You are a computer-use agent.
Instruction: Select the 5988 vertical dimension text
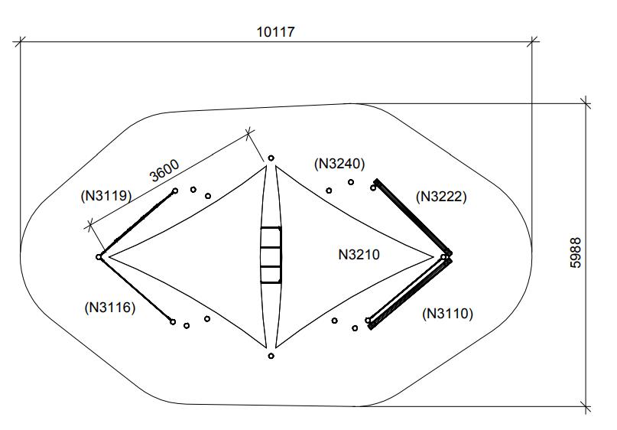pos(576,252)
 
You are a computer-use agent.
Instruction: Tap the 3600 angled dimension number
pos(164,170)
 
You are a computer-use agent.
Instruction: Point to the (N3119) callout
pos(106,196)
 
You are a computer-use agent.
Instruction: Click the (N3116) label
pos(109,308)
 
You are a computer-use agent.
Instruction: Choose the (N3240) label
pos(339,163)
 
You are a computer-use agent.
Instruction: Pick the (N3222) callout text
pos(441,197)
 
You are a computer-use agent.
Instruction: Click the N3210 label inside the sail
pos(359,254)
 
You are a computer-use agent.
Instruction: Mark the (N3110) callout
pos(448,313)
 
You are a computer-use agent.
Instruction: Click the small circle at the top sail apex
pos(271,158)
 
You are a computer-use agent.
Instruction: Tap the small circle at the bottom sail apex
pos(271,356)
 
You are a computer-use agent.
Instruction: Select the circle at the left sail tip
pos(99,257)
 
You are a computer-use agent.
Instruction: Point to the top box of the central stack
pos(271,237)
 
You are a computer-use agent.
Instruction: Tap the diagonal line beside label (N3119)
pos(138,223)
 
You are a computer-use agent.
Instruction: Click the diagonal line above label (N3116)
pos(136,290)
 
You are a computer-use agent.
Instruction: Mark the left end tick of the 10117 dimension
pos(20,42)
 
